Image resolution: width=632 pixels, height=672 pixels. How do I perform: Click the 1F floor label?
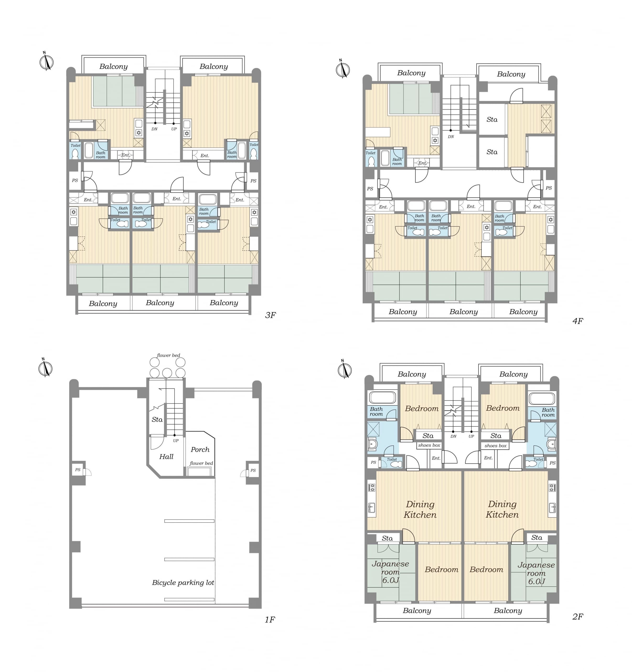point(270,619)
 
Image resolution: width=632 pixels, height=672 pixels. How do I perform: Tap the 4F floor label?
point(578,321)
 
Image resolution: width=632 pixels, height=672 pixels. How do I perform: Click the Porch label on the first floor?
point(200,450)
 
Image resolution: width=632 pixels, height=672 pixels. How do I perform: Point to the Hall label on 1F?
point(167,457)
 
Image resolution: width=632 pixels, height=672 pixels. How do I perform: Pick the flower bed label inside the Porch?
point(201,463)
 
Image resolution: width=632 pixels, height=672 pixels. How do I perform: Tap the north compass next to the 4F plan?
point(343,69)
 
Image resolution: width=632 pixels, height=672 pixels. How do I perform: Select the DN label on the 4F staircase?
point(451,136)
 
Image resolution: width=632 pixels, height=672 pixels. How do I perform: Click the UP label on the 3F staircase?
point(174,129)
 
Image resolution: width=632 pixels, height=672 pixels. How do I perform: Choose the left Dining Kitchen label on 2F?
point(420,510)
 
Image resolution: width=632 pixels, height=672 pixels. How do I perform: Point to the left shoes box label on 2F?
point(429,445)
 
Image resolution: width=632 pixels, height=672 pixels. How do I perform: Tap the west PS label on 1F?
point(78,470)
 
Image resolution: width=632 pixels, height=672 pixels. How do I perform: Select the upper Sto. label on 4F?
point(492,119)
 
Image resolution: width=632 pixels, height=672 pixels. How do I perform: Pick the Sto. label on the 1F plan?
point(157,419)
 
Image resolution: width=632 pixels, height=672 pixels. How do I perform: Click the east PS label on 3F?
point(253,181)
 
